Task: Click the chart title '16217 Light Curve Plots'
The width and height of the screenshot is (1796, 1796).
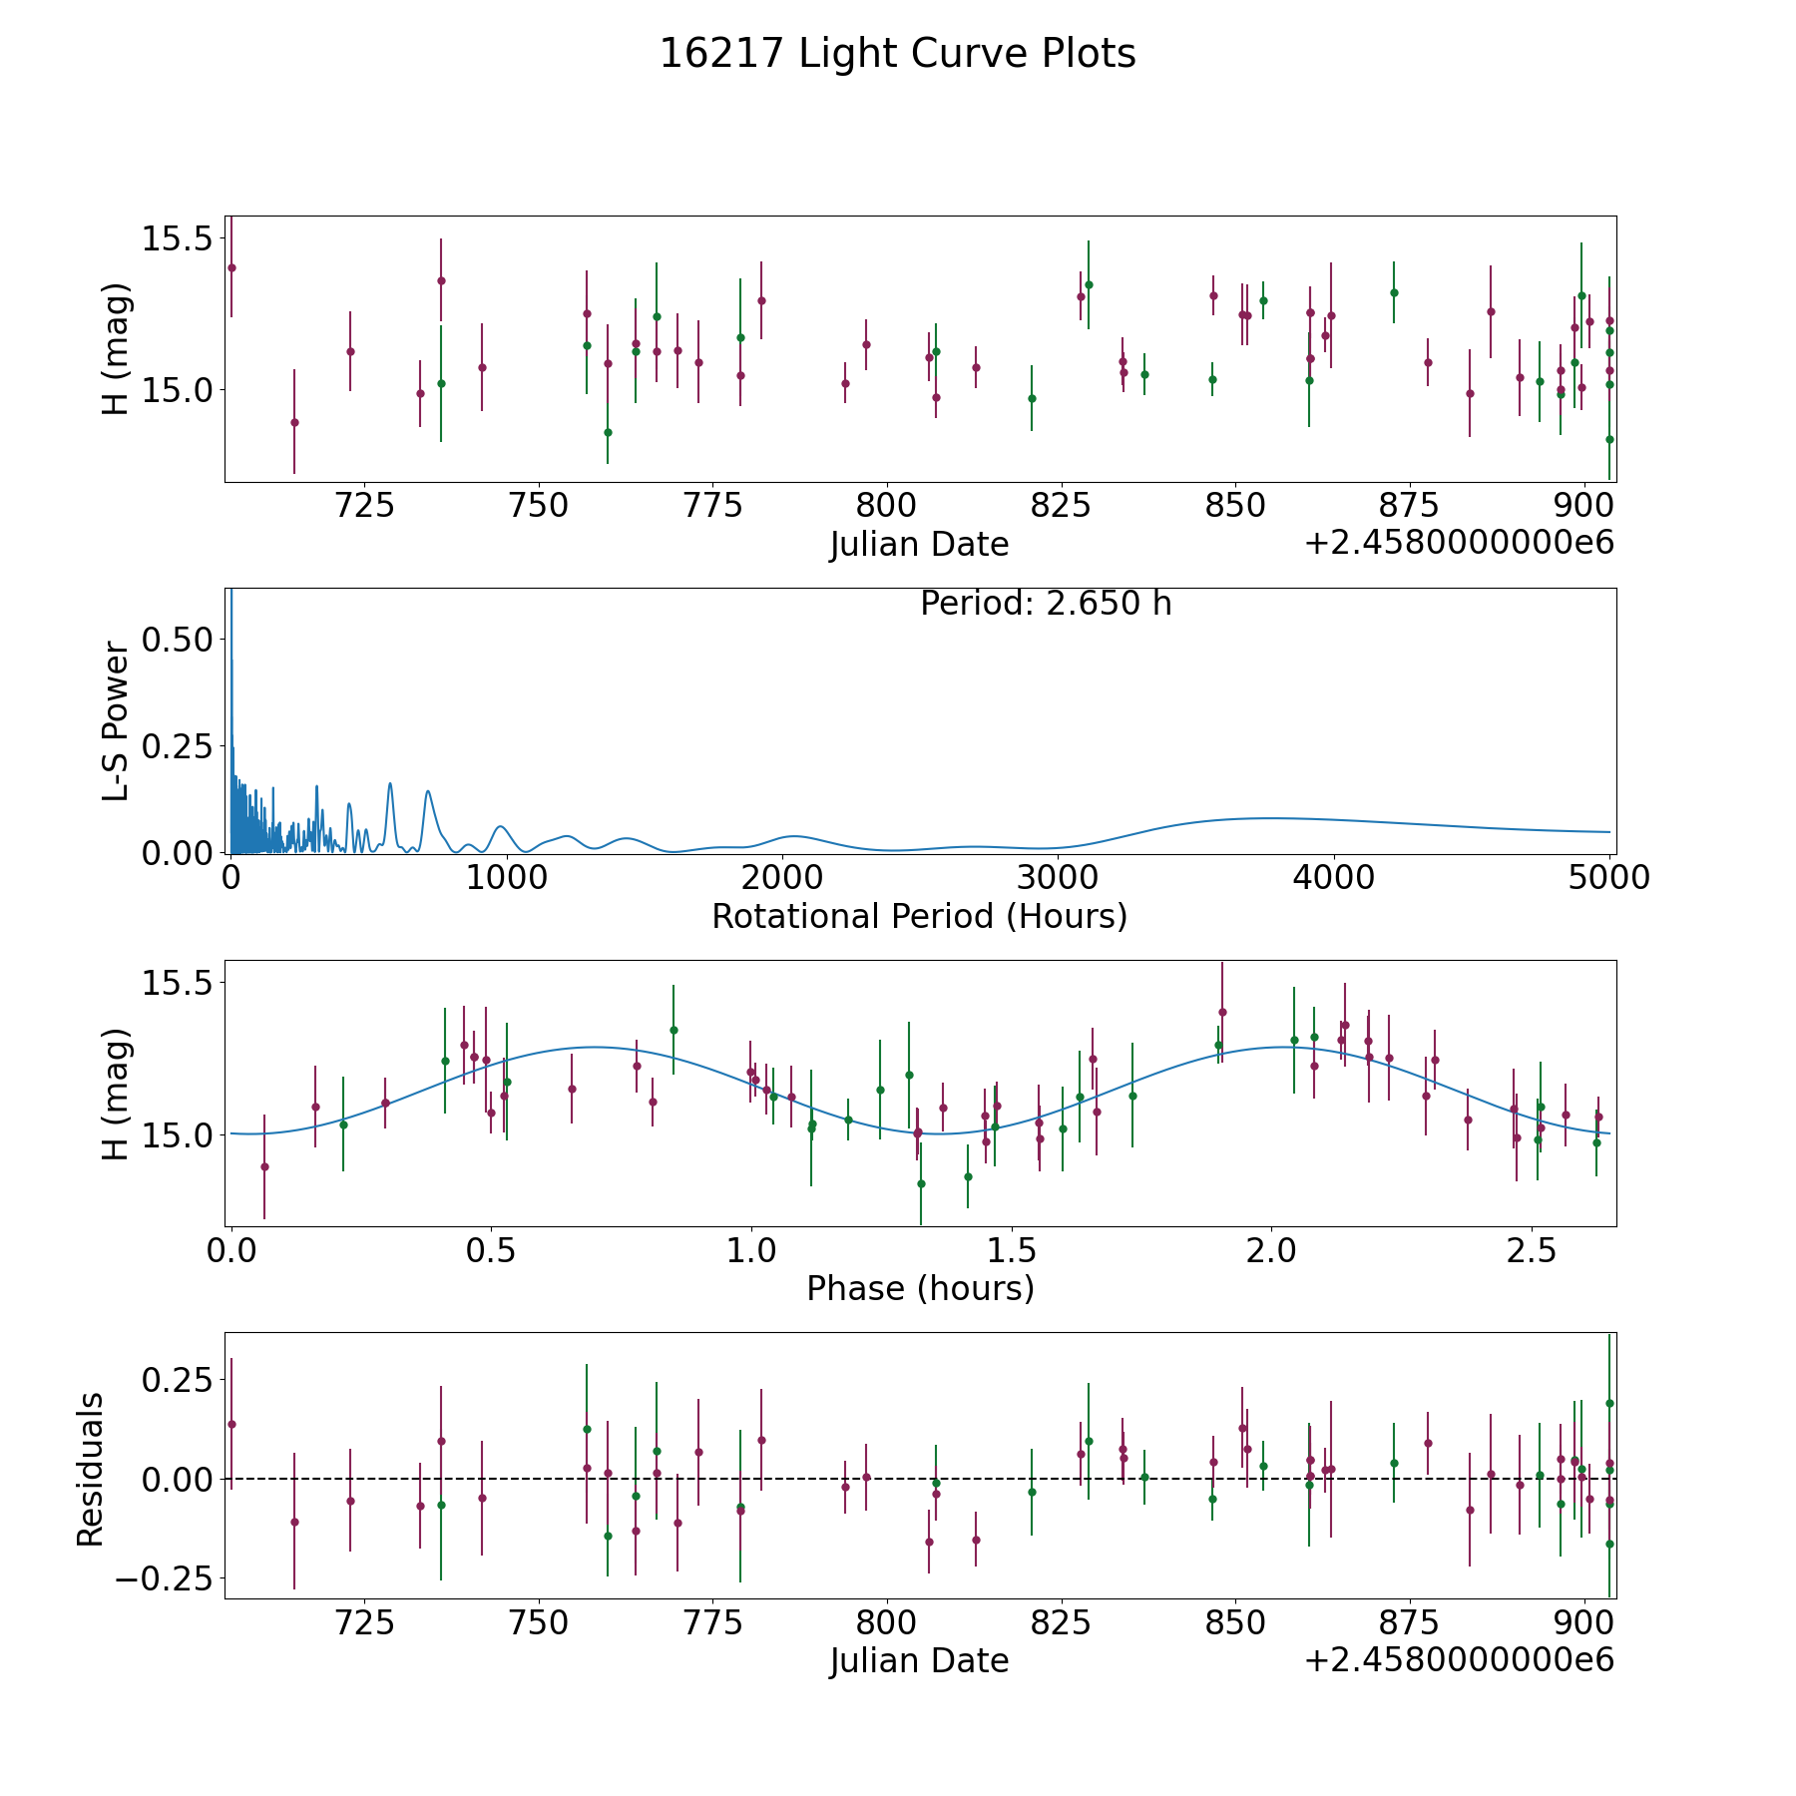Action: (x=897, y=54)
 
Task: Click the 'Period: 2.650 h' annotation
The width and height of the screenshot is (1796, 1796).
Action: (x=1046, y=604)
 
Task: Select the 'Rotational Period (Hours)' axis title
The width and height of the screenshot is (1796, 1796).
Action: (x=919, y=916)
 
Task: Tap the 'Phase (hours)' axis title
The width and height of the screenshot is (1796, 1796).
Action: (x=920, y=1288)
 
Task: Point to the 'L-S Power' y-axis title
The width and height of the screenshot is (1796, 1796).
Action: (x=116, y=720)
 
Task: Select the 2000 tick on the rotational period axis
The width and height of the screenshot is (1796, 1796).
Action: (x=782, y=878)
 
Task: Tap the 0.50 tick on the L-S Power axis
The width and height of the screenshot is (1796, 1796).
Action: (x=178, y=640)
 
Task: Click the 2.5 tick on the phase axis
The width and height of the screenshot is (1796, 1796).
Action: (x=1532, y=1250)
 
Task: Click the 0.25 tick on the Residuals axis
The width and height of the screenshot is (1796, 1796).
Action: (x=178, y=1381)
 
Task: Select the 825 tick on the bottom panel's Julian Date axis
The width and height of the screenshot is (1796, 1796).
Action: (x=1061, y=1622)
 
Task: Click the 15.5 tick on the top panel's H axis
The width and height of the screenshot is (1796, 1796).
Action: (x=178, y=239)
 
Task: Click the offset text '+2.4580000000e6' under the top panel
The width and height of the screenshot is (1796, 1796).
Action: (x=1459, y=544)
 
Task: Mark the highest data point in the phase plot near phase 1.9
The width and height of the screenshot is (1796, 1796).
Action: (x=1222, y=1012)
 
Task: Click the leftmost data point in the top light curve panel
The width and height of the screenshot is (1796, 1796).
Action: (x=231, y=267)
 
